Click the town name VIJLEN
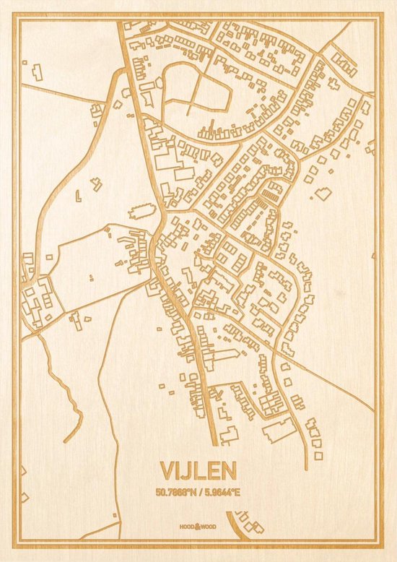(x=198, y=471)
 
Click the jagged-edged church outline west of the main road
(x=142, y=212)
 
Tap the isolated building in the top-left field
(x=36, y=72)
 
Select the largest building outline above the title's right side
(x=278, y=429)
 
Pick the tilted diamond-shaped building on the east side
(x=324, y=193)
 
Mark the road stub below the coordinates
(x=236, y=524)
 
